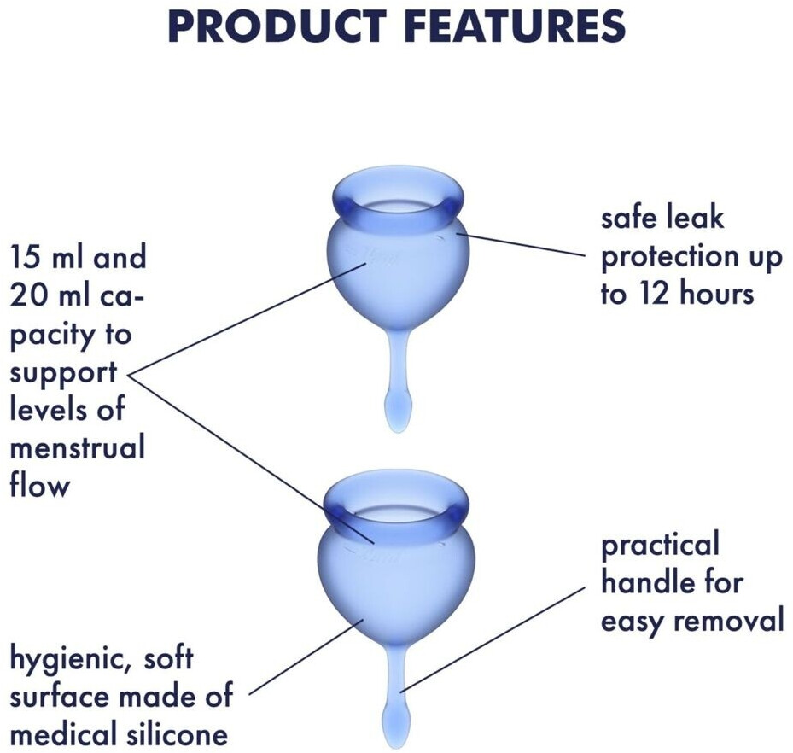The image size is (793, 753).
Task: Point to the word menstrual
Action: (78, 447)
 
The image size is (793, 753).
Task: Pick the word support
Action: (64, 374)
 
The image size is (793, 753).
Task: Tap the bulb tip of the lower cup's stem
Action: (396, 726)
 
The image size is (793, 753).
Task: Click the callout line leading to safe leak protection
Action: (521, 244)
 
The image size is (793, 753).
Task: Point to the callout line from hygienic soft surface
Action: (307, 657)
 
